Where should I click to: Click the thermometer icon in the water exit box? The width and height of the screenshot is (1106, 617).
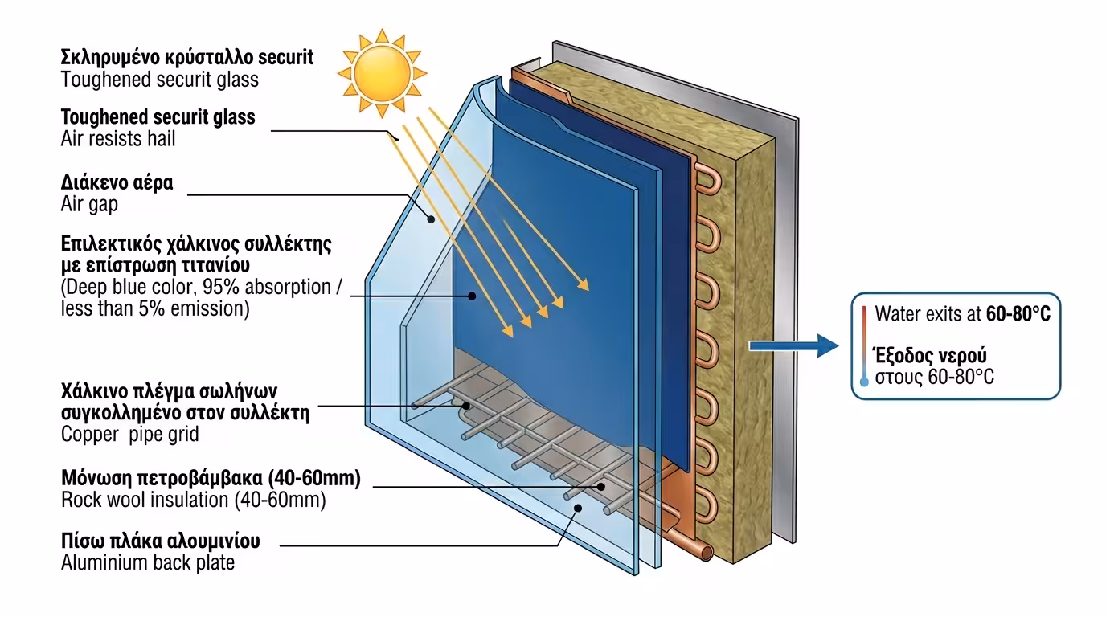coord(864,345)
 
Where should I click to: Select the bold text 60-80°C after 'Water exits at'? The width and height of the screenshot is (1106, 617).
coord(1018,314)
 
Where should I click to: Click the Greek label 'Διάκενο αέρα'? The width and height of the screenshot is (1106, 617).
coord(117,182)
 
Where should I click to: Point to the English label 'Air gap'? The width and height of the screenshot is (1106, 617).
coord(89,204)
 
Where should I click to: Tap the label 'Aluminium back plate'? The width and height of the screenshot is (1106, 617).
coord(148,562)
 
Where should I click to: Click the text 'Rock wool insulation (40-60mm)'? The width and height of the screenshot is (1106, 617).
coord(193,500)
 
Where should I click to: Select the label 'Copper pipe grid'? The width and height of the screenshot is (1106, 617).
coord(129,435)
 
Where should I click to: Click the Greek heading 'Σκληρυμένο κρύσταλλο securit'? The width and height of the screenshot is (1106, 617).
coord(187,57)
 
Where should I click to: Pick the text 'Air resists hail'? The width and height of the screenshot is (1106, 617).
coord(118,138)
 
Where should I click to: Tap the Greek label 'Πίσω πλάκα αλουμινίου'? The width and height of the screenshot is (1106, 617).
coord(161,541)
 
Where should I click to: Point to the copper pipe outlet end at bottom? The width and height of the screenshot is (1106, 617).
coord(705,553)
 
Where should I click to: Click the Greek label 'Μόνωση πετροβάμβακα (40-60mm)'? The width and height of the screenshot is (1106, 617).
coord(211,478)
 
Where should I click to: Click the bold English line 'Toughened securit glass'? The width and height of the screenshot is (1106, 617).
coord(158,116)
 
